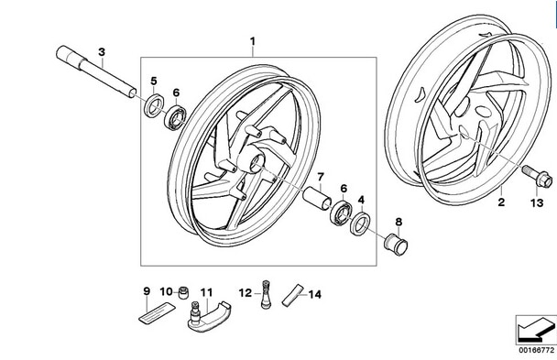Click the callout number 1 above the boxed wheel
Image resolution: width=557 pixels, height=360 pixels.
pos(254,40)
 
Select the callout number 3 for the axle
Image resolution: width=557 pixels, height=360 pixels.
pos(102,51)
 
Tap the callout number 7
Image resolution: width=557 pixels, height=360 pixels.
pos(321,176)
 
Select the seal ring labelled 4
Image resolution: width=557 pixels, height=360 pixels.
pos(361,222)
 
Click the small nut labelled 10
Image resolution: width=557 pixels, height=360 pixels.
pos(181,293)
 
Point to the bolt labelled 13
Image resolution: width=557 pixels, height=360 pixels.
pos(531,170)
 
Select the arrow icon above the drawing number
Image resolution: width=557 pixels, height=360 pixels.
pos(533,327)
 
